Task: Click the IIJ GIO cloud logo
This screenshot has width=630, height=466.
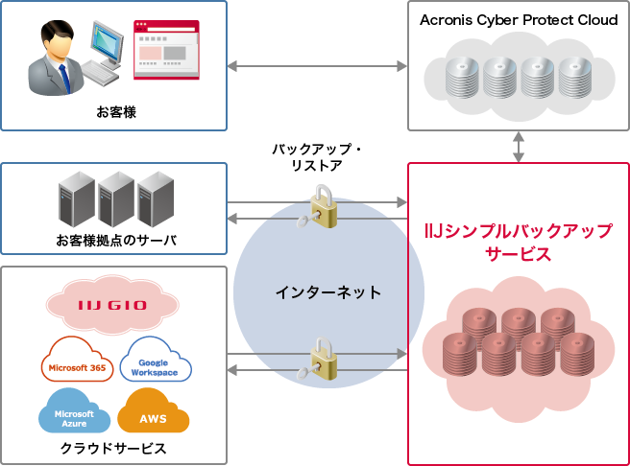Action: (112, 306)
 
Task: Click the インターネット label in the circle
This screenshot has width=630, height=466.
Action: (327, 292)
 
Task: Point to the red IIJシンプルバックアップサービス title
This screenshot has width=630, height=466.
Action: (518, 244)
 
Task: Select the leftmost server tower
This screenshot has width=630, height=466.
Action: (76, 198)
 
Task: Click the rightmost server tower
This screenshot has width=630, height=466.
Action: (154, 198)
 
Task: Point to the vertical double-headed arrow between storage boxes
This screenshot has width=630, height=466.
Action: (519, 146)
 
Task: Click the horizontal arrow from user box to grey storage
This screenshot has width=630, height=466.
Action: (317, 66)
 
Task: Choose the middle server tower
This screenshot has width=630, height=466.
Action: (115, 198)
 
